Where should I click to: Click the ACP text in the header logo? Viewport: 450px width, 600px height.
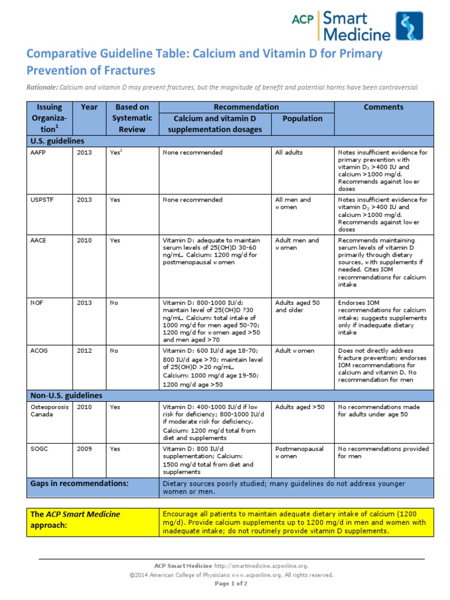click(x=304, y=19)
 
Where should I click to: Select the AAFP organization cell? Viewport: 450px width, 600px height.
click(x=38, y=152)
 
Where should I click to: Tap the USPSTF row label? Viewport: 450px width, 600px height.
click(x=41, y=200)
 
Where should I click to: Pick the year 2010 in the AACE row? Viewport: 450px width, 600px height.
click(x=84, y=240)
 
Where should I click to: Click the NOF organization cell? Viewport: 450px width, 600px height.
click(x=37, y=303)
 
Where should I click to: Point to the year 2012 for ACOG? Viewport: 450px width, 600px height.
click(x=84, y=350)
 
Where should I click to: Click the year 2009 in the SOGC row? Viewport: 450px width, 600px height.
click(x=84, y=449)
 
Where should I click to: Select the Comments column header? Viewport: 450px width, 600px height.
click(x=383, y=107)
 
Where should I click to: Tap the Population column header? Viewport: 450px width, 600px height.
click(x=302, y=118)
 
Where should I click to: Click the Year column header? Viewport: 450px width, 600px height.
click(x=89, y=107)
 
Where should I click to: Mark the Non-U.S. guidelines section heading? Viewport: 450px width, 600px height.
click(x=66, y=395)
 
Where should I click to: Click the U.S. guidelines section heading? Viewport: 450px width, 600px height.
click(x=57, y=141)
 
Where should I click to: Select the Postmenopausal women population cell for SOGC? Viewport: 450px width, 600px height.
click(x=299, y=452)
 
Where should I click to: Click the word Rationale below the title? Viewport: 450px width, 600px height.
click(x=42, y=87)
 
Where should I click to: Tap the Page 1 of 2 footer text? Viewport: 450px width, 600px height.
click(x=232, y=584)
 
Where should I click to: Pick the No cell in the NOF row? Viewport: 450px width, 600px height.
click(x=114, y=303)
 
